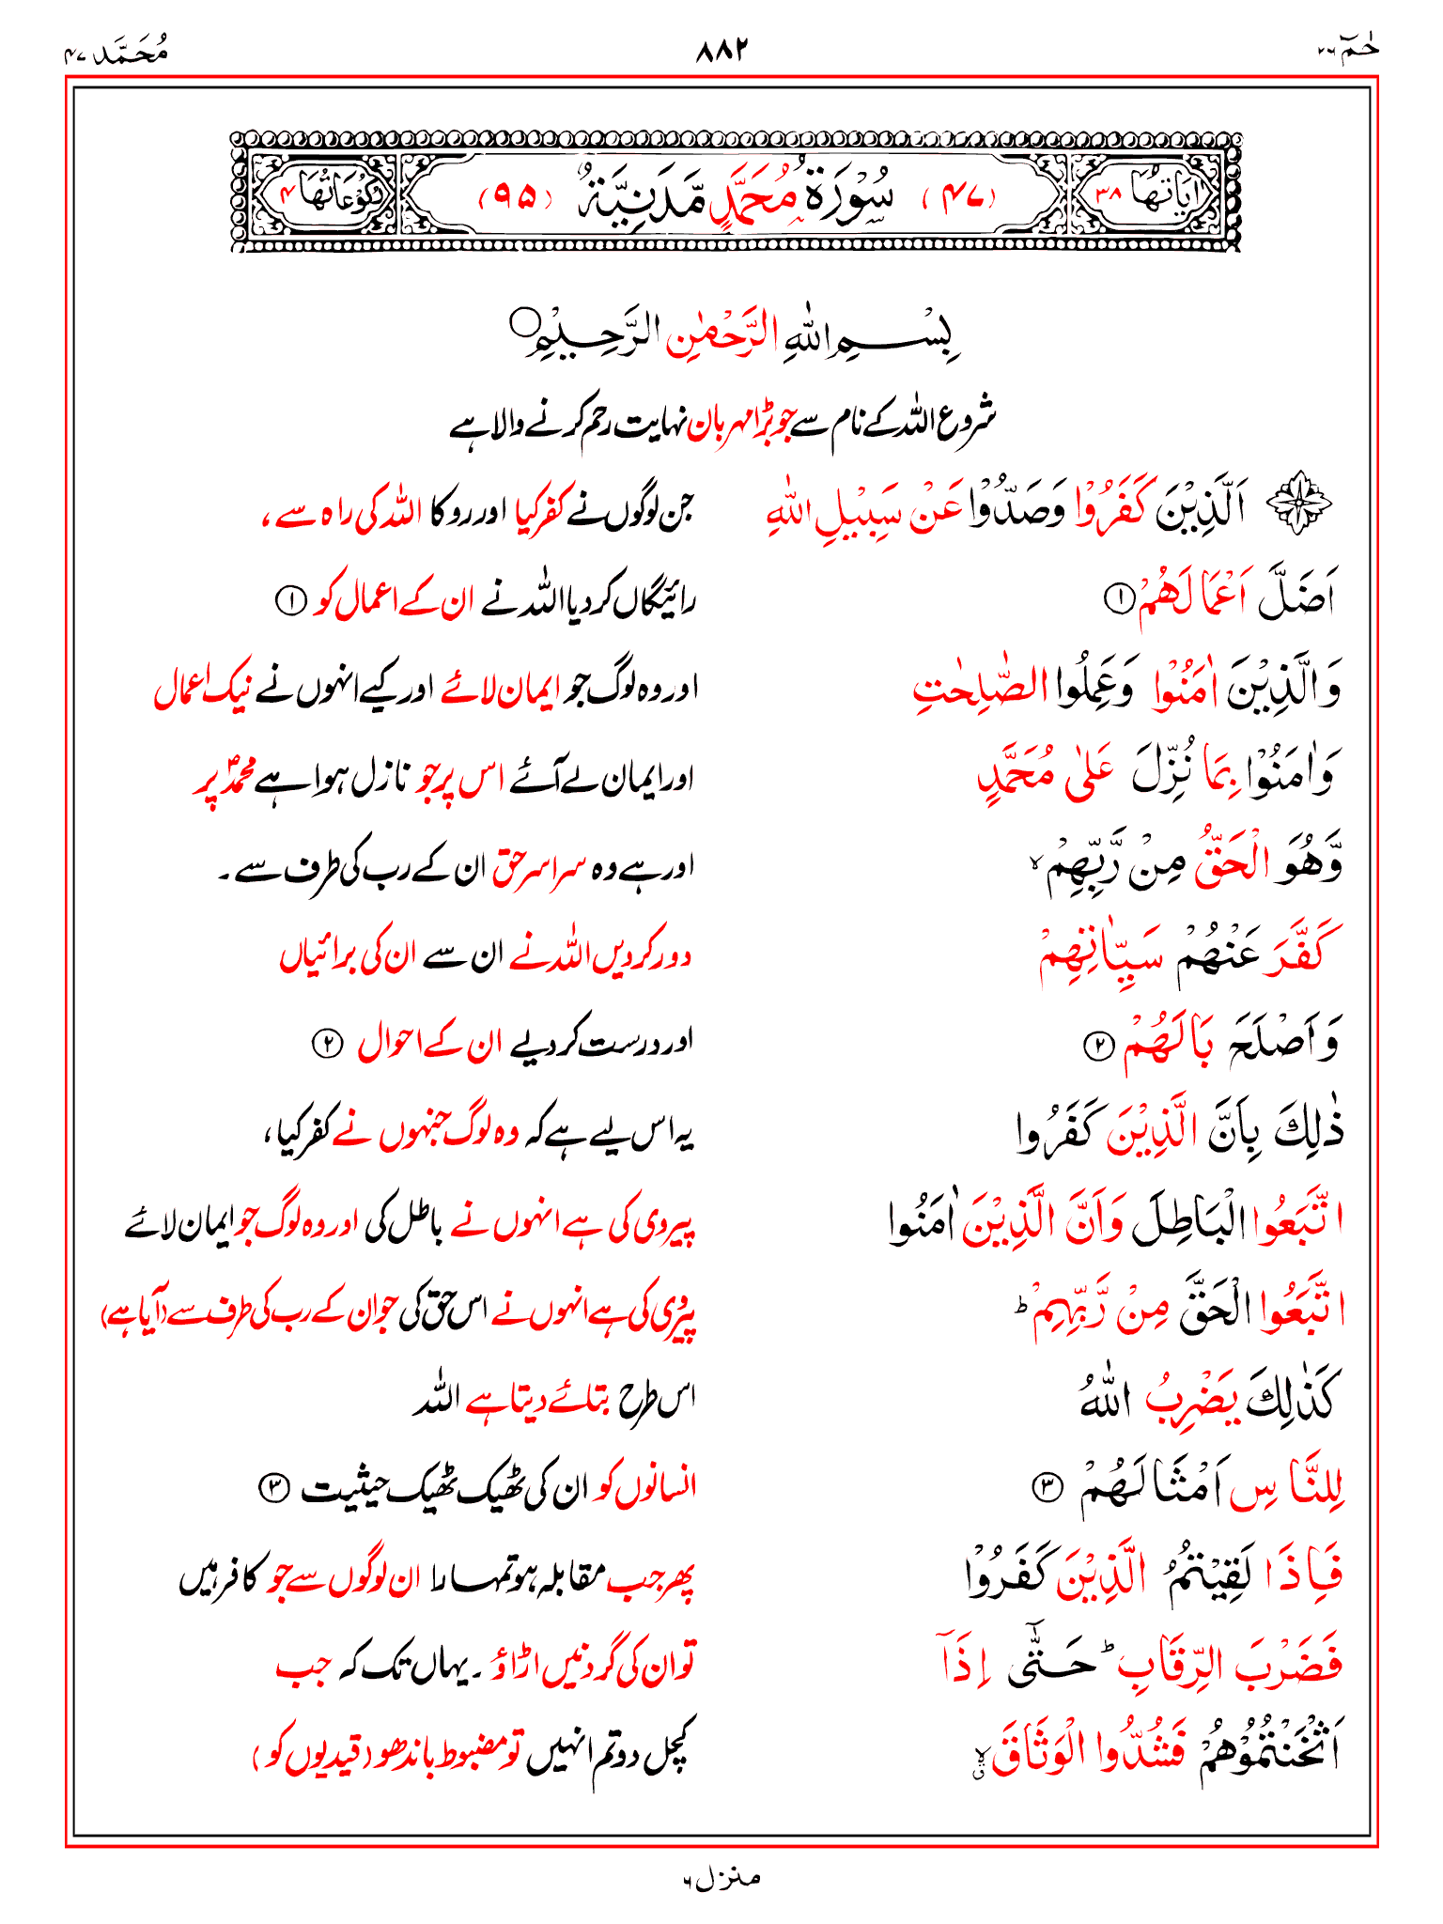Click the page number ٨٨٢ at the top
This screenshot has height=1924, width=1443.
pos(721,49)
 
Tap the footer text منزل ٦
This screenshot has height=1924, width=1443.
pos(721,1878)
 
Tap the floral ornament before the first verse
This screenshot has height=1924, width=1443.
pos(1299,508)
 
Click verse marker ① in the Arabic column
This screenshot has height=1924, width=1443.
pos(1118,597)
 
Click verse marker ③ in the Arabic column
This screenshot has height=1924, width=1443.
pos(1046,1487)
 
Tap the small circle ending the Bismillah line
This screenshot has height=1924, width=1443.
pos(520,323)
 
